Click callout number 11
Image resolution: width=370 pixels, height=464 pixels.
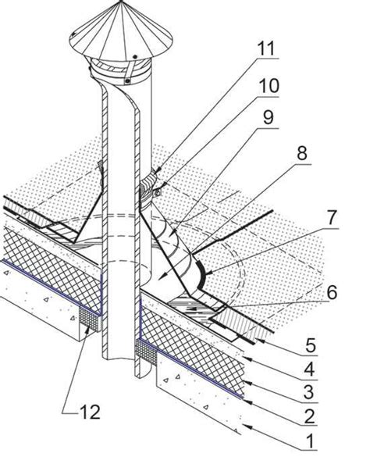(x=266, y=48)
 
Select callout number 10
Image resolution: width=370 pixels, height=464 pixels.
(x=269, y=85)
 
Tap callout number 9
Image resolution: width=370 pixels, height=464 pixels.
(x=269, y=117)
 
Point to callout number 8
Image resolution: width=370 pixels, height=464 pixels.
(x=301, y=153)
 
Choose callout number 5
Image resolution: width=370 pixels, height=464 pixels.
(x=310, y=344)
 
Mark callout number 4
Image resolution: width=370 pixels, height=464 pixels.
(x=309, y=368)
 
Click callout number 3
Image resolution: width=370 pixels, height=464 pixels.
(x=308, y=391)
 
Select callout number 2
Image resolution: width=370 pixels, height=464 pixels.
(x=309, y=416)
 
